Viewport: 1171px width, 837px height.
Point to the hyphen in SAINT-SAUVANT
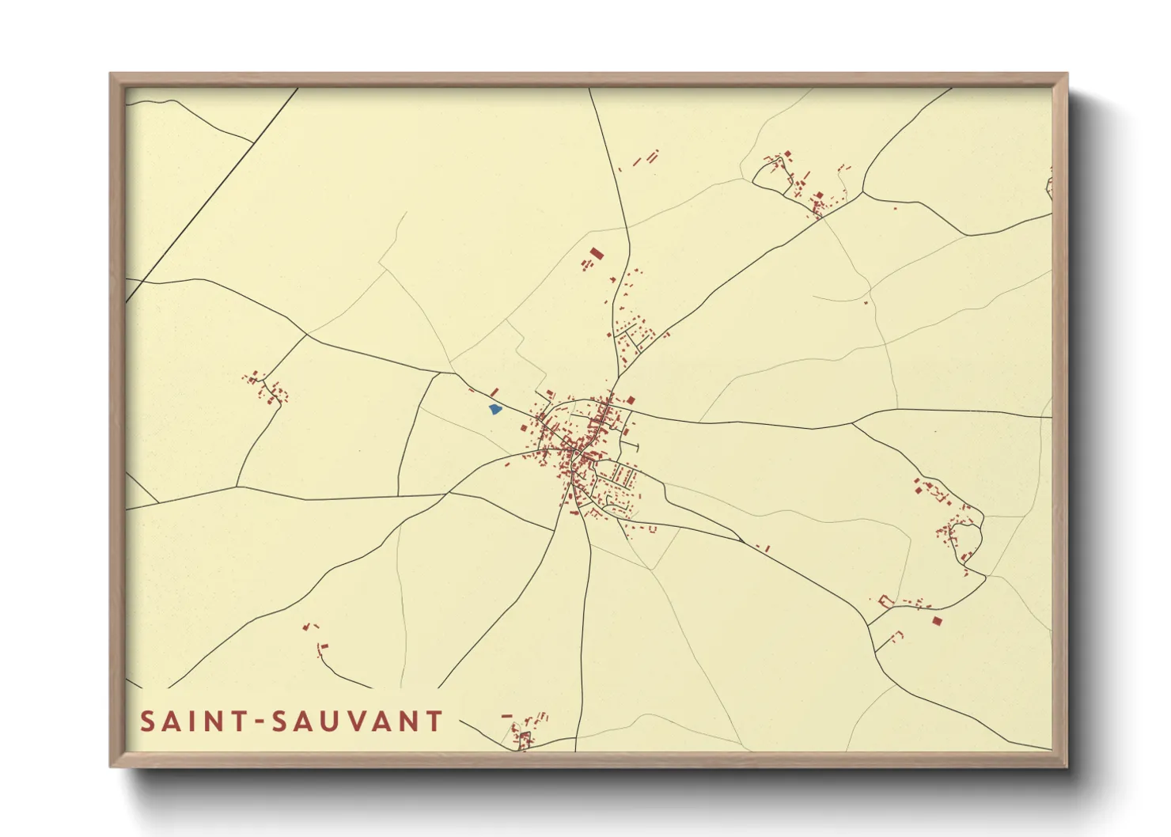pyautogui.click(x=257, y=722)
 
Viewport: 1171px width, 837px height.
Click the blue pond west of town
pyautogui.click(x=495, y=410)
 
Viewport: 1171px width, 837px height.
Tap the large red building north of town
pyautogui.click(x=597, y=253)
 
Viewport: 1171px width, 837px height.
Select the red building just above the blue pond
pyautogui.click(x=495, y=392)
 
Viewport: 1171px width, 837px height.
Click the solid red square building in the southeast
pyautogui.click(x=937, y=620)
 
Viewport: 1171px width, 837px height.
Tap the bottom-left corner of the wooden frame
pyautogui.click(x=112, y=765)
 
